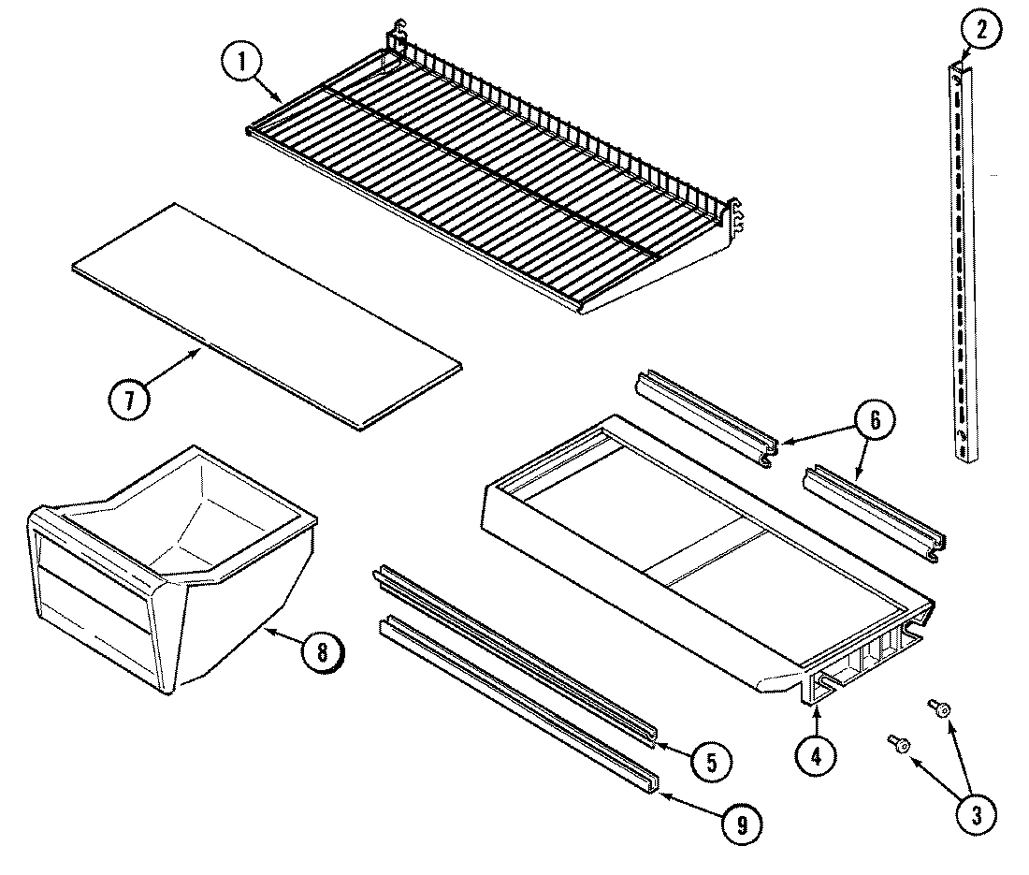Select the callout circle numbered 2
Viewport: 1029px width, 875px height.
[978, 31]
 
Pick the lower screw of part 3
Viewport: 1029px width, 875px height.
[900, 745]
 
